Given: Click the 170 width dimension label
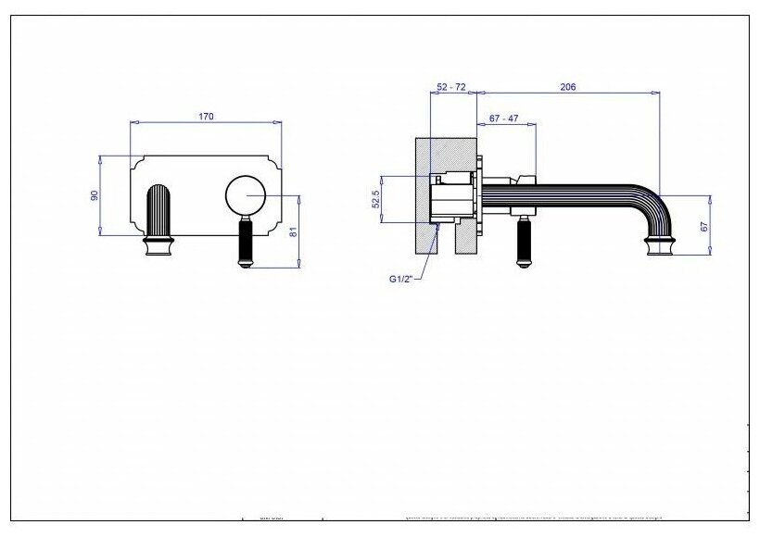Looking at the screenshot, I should point(206,117).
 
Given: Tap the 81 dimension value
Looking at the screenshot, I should point(293,233).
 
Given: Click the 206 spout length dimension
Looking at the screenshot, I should point(568,87).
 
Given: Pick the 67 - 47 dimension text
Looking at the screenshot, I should point(503,119).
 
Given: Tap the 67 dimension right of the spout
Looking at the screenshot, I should point(704,225).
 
